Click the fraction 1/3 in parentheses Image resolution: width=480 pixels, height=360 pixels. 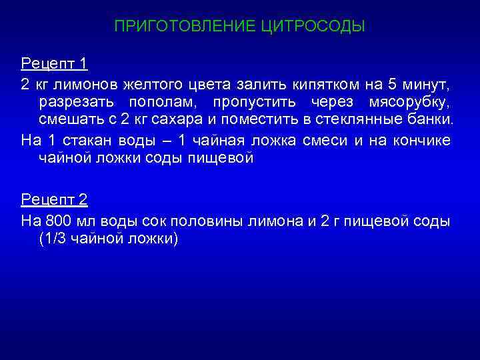pos(55,239)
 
